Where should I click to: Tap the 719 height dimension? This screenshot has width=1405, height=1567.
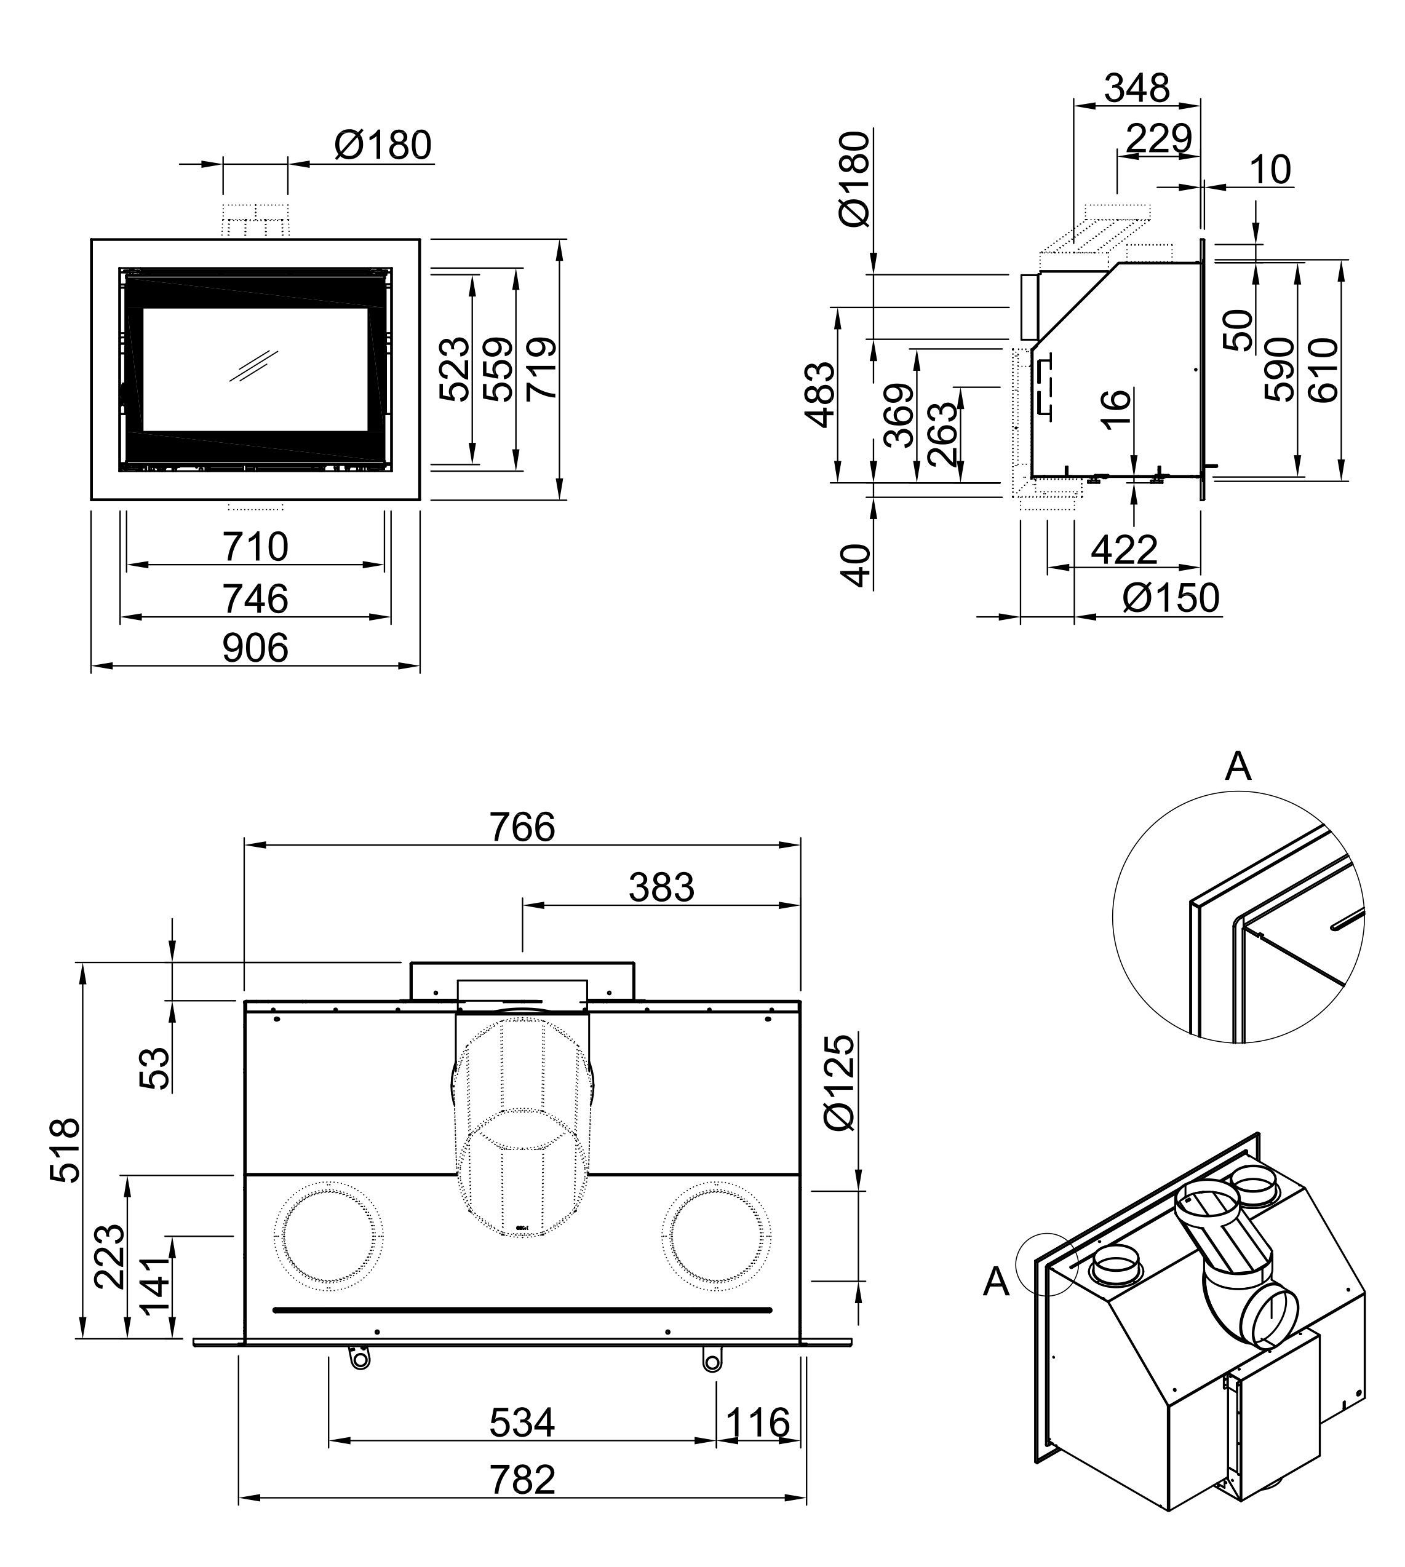pos(542,369)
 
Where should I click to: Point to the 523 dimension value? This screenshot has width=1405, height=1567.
pos(455,369)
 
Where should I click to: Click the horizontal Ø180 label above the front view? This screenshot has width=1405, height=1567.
pos(383,145)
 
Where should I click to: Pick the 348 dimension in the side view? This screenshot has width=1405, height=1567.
pos(1137,88)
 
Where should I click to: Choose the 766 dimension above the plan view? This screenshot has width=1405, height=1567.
pos(523,828)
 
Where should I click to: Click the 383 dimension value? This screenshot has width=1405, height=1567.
pos(661,887)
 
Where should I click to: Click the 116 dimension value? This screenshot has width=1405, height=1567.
pos(758,1422)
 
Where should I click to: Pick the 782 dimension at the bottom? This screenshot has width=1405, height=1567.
pos(523,1480)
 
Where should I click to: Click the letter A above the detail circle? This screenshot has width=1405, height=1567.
pos(1238,766)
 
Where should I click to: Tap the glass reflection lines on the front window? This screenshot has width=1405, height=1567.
pos(253,365)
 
